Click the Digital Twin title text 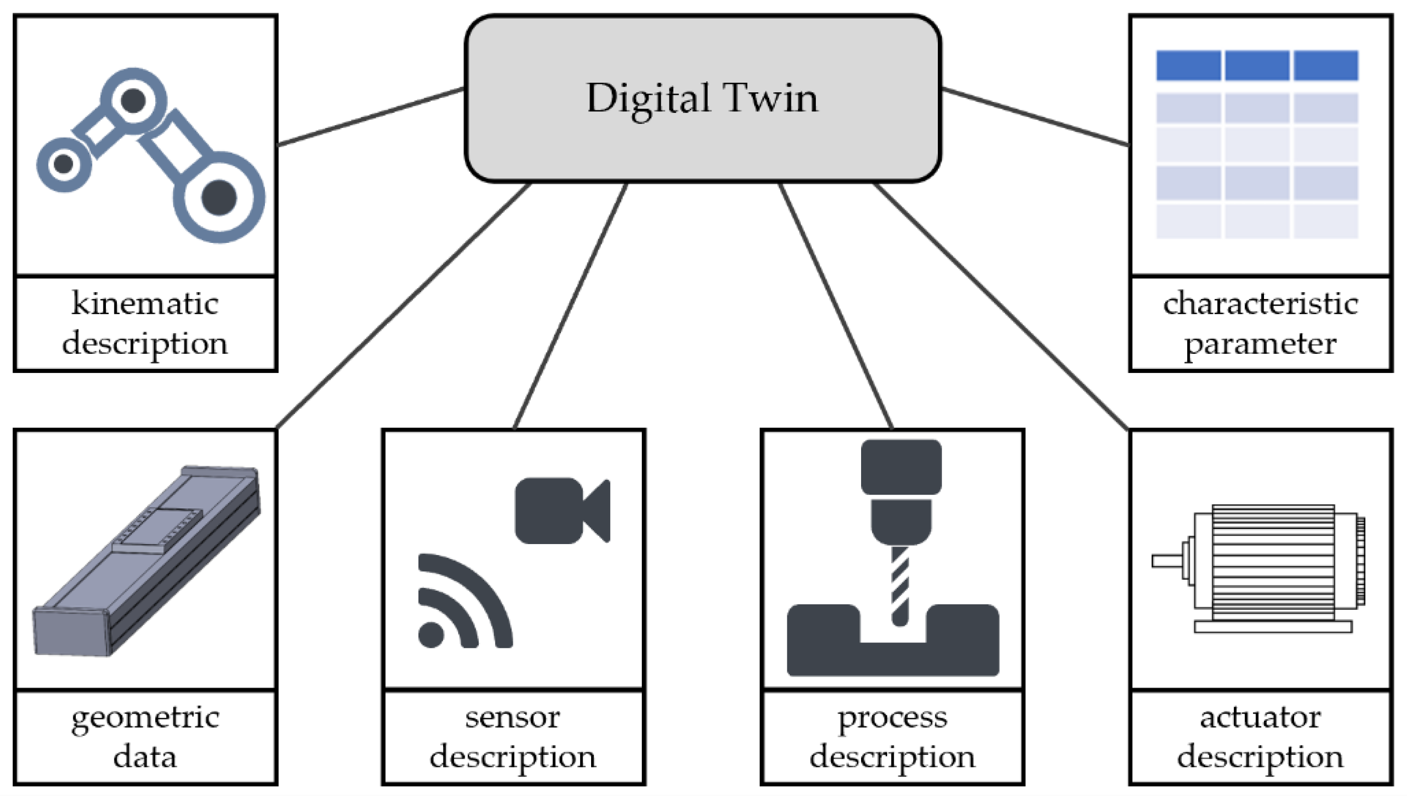click(702, 98)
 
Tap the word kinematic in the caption click(145, 303)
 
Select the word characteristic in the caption click(1260, 303)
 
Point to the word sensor click(512, 717)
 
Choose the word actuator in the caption click(1260, 717)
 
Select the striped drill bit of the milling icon click(900, 586)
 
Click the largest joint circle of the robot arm click(219, 197)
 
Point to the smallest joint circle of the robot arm click(64, 163)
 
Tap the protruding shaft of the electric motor click(1166, 561)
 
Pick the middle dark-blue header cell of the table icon click(1256, 66)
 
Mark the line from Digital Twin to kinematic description click(371, 116)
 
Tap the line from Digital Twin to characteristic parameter click(1035, 116)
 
